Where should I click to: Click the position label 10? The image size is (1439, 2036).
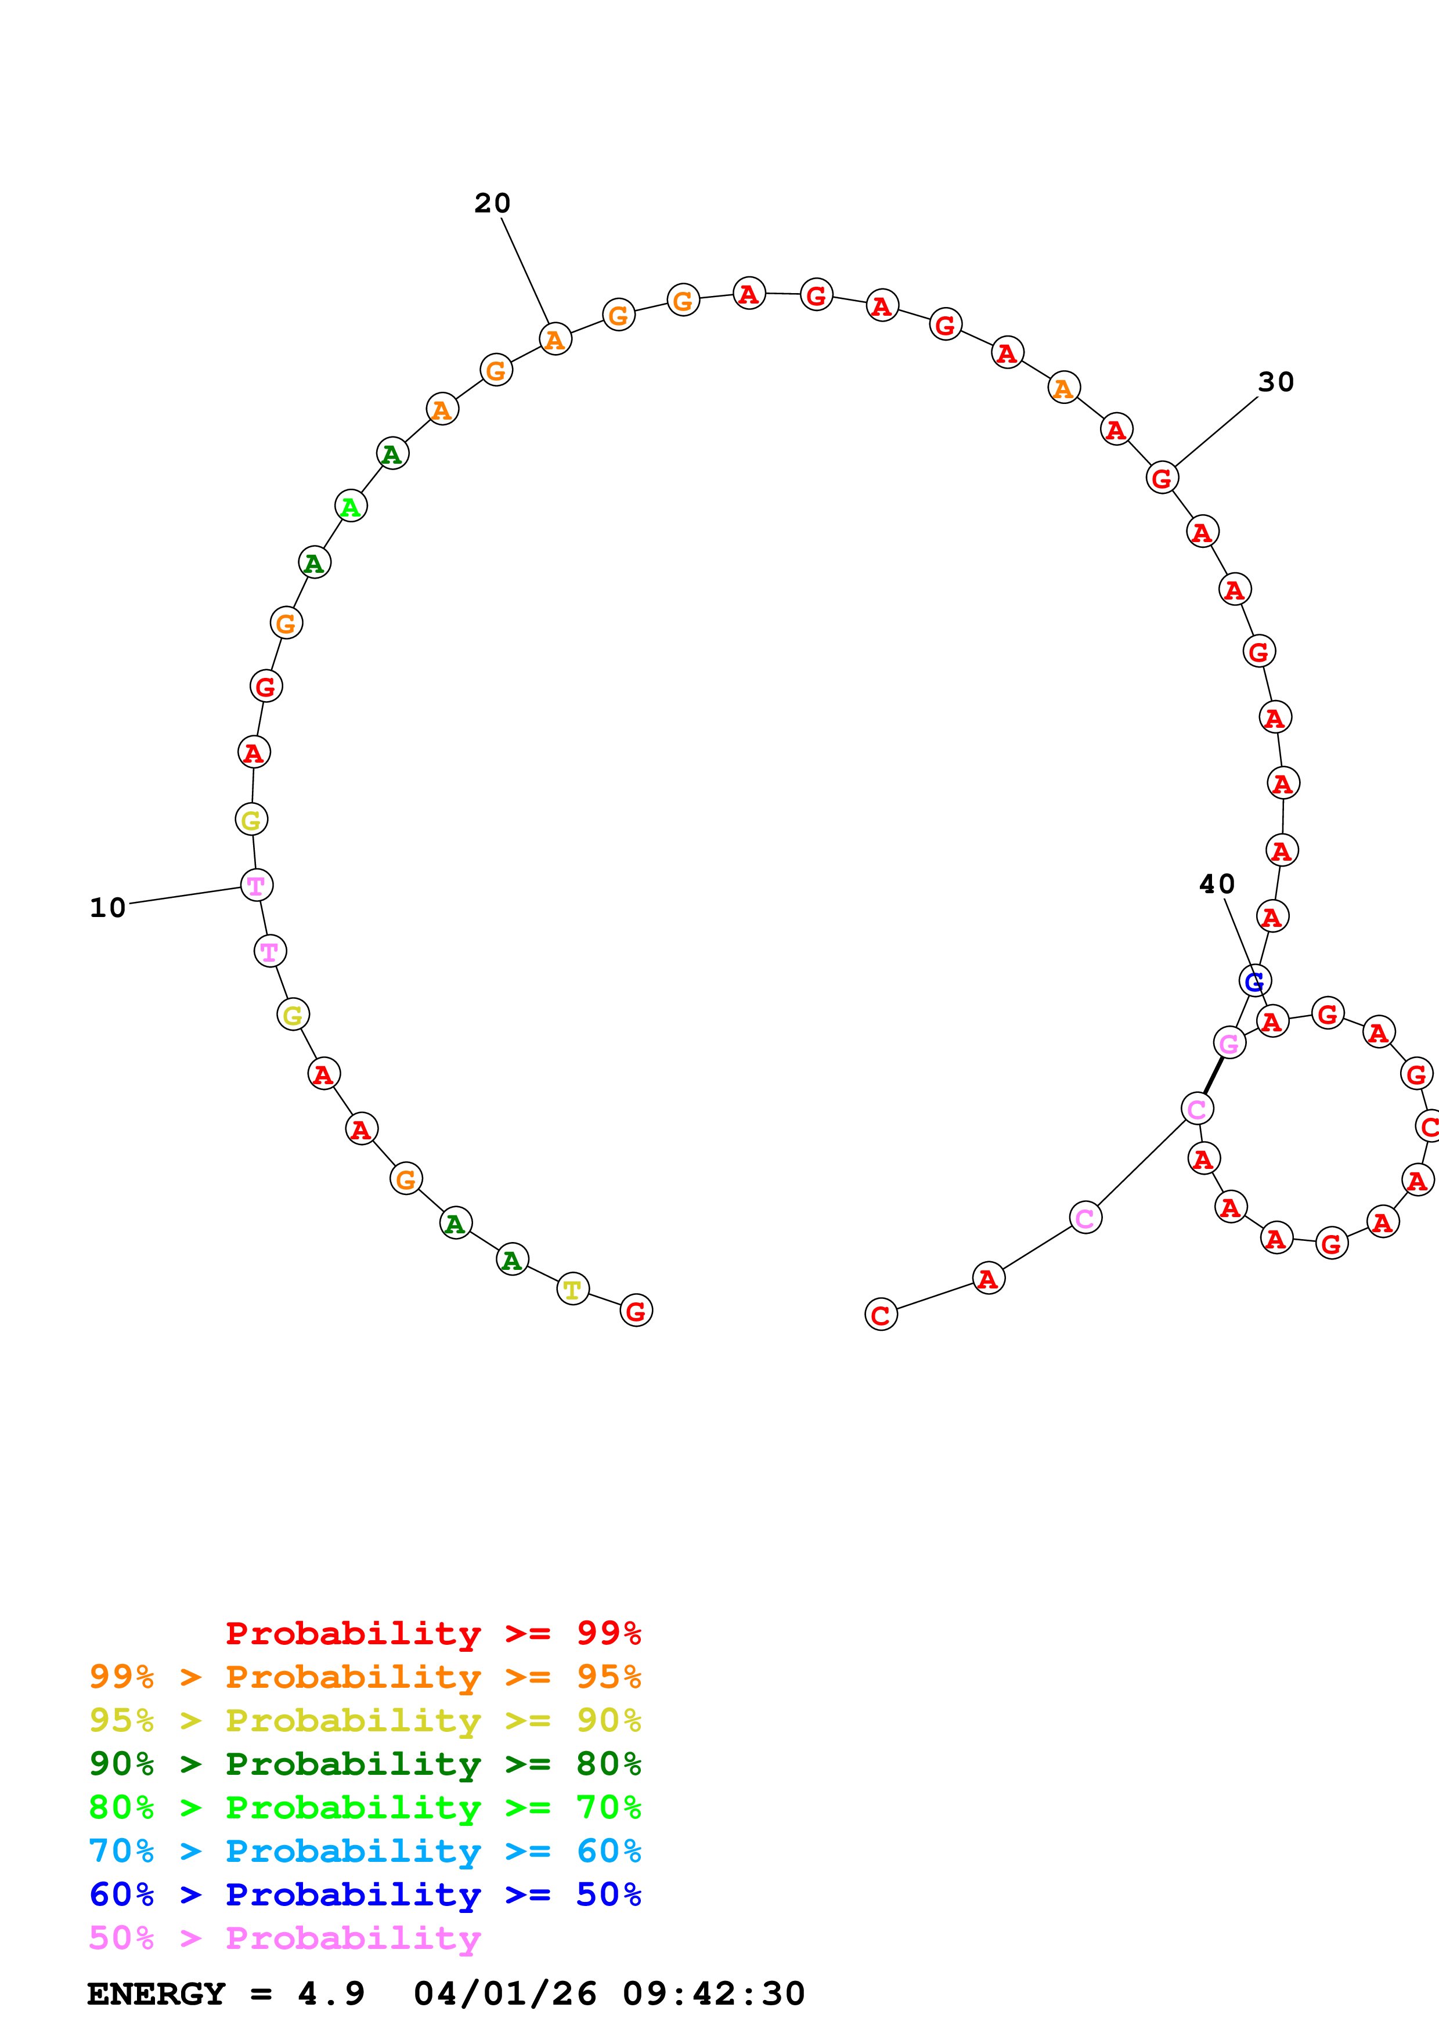107,908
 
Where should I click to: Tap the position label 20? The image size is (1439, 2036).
492,203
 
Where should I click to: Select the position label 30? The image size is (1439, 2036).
1276,382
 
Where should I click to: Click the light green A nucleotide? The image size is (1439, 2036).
351,506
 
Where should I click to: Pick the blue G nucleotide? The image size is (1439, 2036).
1254,981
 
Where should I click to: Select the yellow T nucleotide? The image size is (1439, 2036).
573,1290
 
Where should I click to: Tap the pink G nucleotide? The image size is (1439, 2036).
1229,1044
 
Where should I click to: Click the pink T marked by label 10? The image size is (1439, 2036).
256,885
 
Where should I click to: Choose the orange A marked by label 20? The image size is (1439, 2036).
555,339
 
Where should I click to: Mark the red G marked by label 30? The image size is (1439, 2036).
1162,478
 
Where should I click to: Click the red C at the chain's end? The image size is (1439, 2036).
881,1315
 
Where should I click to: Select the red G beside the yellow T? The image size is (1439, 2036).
636,1311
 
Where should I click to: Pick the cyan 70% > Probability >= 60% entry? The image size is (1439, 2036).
365,1851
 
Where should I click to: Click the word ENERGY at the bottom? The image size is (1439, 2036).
156,1994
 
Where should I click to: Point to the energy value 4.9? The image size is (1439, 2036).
331,1994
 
